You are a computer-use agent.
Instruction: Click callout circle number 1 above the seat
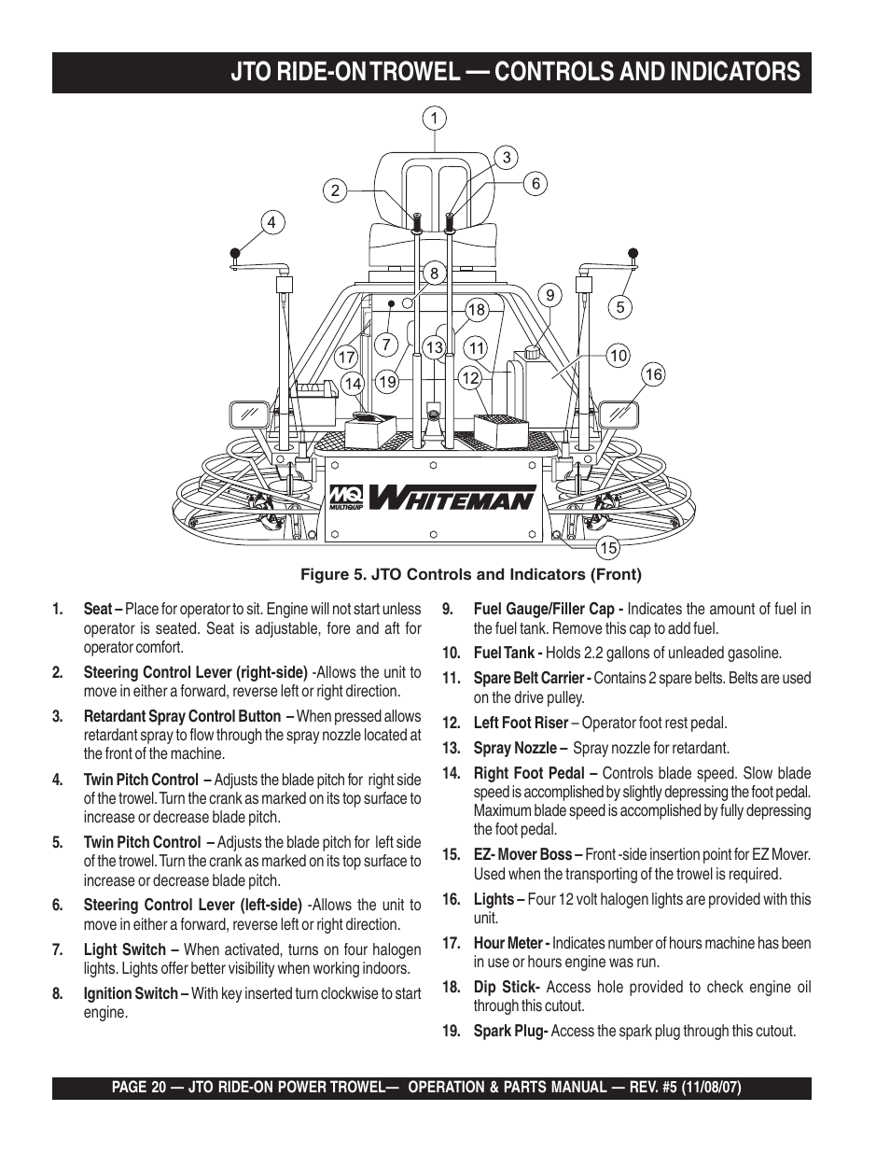tap(433, 119)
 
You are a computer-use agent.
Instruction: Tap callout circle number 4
tap(271, 222)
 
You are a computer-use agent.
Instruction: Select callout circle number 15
tap(608, 548)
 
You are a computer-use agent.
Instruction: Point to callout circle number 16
tap(653, 374)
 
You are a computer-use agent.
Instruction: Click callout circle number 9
tap(550, 295)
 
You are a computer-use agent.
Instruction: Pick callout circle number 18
tap(477, 310)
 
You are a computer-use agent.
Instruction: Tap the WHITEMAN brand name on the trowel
tap(452, 497)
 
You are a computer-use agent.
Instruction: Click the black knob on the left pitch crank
tap(236, 252)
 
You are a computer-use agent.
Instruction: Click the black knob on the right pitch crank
tap(633, 252)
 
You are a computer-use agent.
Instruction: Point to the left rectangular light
tap(248, 414)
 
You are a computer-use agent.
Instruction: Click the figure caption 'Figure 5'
tap(470, 574)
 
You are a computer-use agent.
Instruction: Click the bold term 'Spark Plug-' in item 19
tap(509, 1032)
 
